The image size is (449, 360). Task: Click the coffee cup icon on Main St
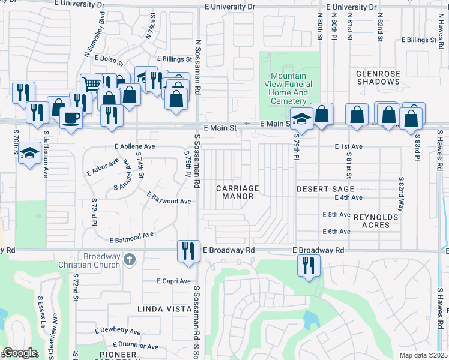(x=70, y=118)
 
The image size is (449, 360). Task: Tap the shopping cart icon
(x=91, y=84)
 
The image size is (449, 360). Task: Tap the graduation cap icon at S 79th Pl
(x=301, y=119)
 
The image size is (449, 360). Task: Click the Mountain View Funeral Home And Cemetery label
(x=288, y=89)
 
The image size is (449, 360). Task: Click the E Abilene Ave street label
(x=135, y=146)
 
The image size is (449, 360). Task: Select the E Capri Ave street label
(x=173, y=281)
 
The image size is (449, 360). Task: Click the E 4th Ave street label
(x=349, y=197)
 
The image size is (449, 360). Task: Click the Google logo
(x=20, y=352)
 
